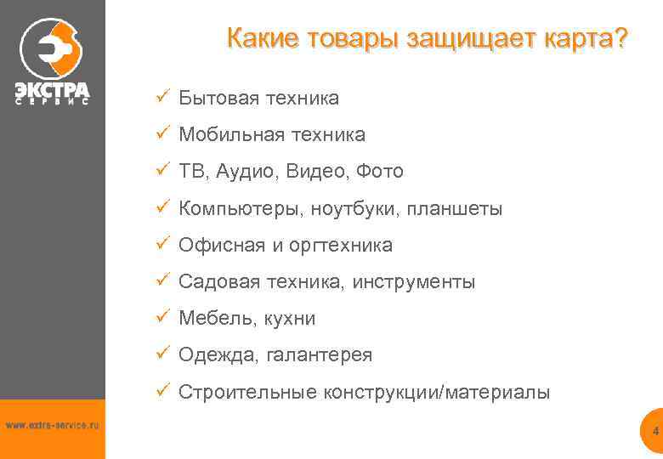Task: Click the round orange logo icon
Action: (x=52, y=48)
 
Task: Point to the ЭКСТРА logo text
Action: (x=52, y=88)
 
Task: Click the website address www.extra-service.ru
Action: (x=52, y=424)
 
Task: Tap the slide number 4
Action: (x=655, y=432)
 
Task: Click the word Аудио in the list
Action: (x=246, y=172)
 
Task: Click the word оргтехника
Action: (x=341, y=246)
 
